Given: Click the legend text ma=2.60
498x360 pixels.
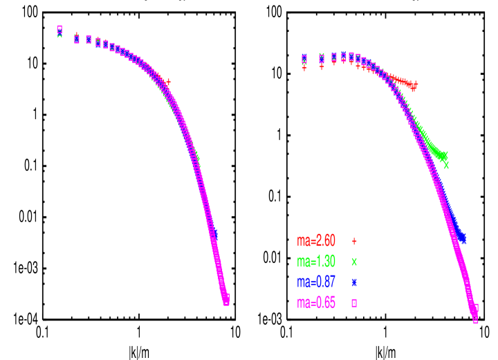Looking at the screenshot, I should coord(316,241).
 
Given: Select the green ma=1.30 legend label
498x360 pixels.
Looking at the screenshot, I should coord(316,262).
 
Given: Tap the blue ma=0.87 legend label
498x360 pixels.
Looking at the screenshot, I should coord(316,282).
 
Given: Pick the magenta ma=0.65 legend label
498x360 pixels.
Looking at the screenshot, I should coord(316,303).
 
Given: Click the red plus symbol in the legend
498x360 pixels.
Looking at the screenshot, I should coord(354,241).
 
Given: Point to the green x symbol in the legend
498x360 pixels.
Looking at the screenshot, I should coord(354,262).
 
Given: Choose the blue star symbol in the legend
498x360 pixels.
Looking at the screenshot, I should coord(354,282).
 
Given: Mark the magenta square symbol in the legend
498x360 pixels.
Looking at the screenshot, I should coord(354,303).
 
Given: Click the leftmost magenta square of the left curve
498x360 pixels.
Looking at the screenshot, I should coord(59,29).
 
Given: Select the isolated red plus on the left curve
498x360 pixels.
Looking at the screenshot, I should coord(168,82).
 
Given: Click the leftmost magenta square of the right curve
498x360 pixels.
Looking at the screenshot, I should coord(304,58).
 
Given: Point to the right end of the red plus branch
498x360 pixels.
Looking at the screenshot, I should coord(415,84).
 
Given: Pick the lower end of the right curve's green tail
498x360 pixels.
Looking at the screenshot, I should coord(446,165).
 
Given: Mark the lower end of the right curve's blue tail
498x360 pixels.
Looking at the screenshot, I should coord(463,241).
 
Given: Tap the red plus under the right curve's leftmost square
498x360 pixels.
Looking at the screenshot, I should coord(304,68).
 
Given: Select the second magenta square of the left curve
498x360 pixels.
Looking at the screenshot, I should coord(77,39).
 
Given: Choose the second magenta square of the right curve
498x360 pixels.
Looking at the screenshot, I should coord(322,58).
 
